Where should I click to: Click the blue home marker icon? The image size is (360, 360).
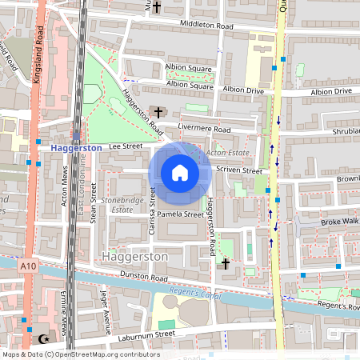click(179, 172)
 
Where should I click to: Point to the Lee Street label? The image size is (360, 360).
click(126, 146)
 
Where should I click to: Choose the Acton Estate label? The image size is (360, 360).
click(227, 152)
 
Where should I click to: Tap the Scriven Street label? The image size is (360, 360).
click(241, 170)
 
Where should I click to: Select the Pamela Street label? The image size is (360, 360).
click(182, 214)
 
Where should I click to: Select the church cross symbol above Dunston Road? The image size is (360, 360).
click(226, 263)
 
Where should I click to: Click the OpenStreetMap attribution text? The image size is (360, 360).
click(80, 354)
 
